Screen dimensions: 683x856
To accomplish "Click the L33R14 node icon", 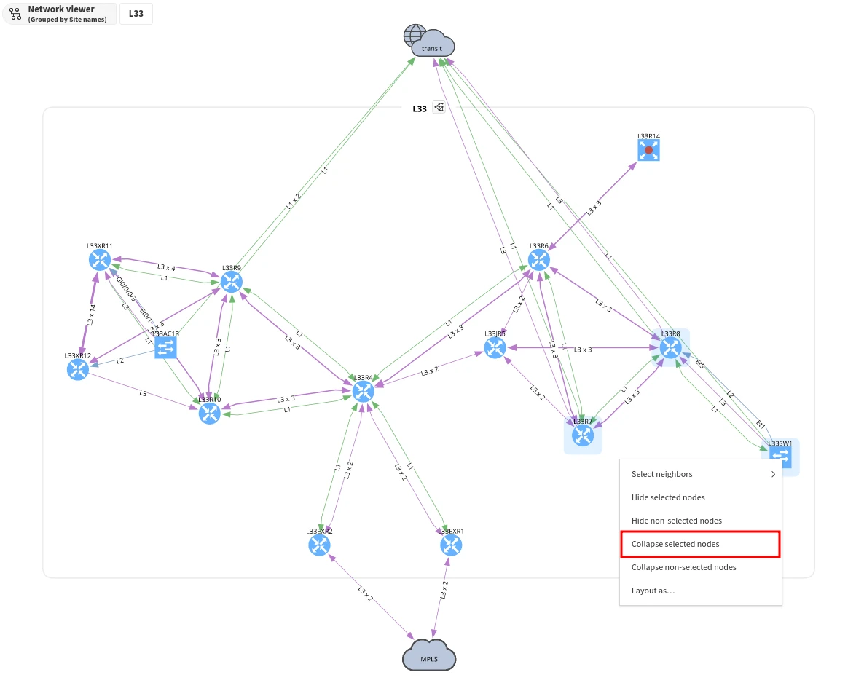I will pyautogui.click(x=648, y=150).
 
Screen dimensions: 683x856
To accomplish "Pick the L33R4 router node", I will pyautogui.click(x=363, y=392).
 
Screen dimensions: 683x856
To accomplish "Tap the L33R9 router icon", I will pyautogui.click(x=231, y=282).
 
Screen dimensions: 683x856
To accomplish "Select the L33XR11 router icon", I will pyautogui.click(x=99, y=260).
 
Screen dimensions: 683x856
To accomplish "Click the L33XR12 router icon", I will pyautogui.click(x=77, y=369).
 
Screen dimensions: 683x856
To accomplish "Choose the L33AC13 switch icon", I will pyautogui.click(x=165, y=348).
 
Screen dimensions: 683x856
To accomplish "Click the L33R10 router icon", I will pyautogui.click(x=209, y=413).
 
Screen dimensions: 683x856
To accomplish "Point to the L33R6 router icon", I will pyautogui.click(x=539, y=260).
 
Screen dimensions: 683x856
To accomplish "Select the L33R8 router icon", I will pyautogui.click(x=670, y=348).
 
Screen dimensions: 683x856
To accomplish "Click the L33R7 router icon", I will pyautogui.click(x=583, y=435).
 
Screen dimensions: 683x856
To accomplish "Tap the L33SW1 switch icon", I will pyautogui.click(x=780, y=457).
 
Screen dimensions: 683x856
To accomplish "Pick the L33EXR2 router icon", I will pyautogui.click(x=319, y=545).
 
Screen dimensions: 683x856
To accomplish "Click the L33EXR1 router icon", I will pyautogui.click(x=451, y=545).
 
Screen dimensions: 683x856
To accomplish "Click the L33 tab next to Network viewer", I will pyautogui.click(x=136, y=13).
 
